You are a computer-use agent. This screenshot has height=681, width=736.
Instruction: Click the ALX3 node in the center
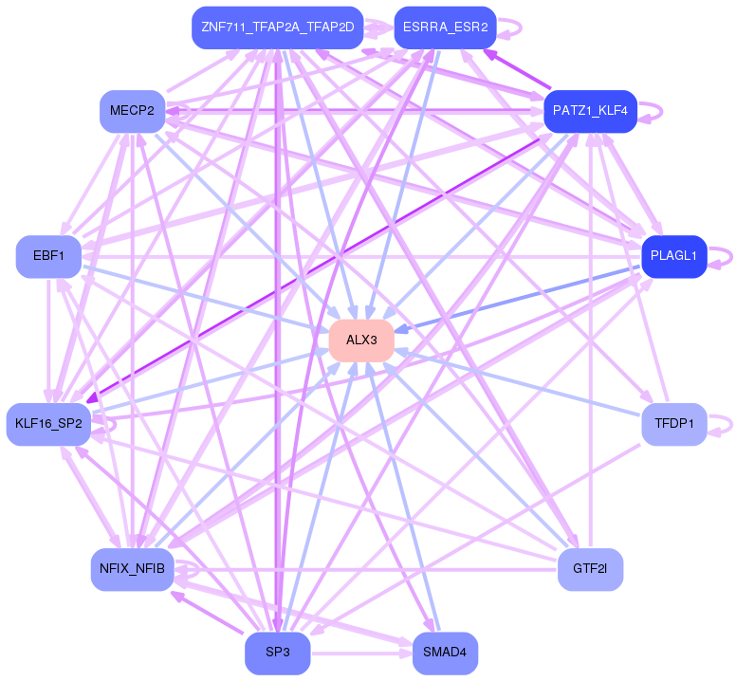pyautogui.click(x=361, y=340)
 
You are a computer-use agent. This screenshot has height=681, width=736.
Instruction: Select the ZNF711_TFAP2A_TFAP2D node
pyautogui.click(x=277, y=28)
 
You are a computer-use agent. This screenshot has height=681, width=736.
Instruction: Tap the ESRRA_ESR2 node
pyautogui.click(x=446, y=28)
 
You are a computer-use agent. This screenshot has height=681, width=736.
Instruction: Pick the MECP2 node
pyautogui.click(x=133, y=111)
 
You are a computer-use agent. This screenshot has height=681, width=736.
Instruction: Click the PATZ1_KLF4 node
pyautogui.click(x=591, y=111)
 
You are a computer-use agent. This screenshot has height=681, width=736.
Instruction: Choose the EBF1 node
pyautogui.click(x=48, y=257)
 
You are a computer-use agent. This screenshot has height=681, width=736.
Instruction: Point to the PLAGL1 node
pyautogui.click(x=674, y=257)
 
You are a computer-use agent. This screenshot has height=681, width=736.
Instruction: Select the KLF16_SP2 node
pyautogui.click(x=48, y=424)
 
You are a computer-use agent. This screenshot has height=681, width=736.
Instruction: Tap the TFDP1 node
pyautogui.click(x=674, y=424)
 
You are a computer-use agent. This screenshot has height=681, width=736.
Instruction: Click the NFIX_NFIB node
pyautogui.click(x=133, y=569)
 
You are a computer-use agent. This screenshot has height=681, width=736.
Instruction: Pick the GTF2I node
pyautogui.click(x=591, y=569)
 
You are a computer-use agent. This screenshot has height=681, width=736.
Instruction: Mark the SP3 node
pyautogui.click(x=277, y=653)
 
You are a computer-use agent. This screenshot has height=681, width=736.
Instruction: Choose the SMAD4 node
pyautogui.click(x=446, y=653)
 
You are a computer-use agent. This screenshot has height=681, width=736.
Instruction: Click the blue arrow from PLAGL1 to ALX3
pyautogui.click(x=517, y=298)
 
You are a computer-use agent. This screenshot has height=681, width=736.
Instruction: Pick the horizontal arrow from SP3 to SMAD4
pyautogui.click(x=361, y=653)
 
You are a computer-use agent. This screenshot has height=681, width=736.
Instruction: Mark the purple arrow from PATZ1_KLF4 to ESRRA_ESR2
pyautogui.click(x=517, y=69)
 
